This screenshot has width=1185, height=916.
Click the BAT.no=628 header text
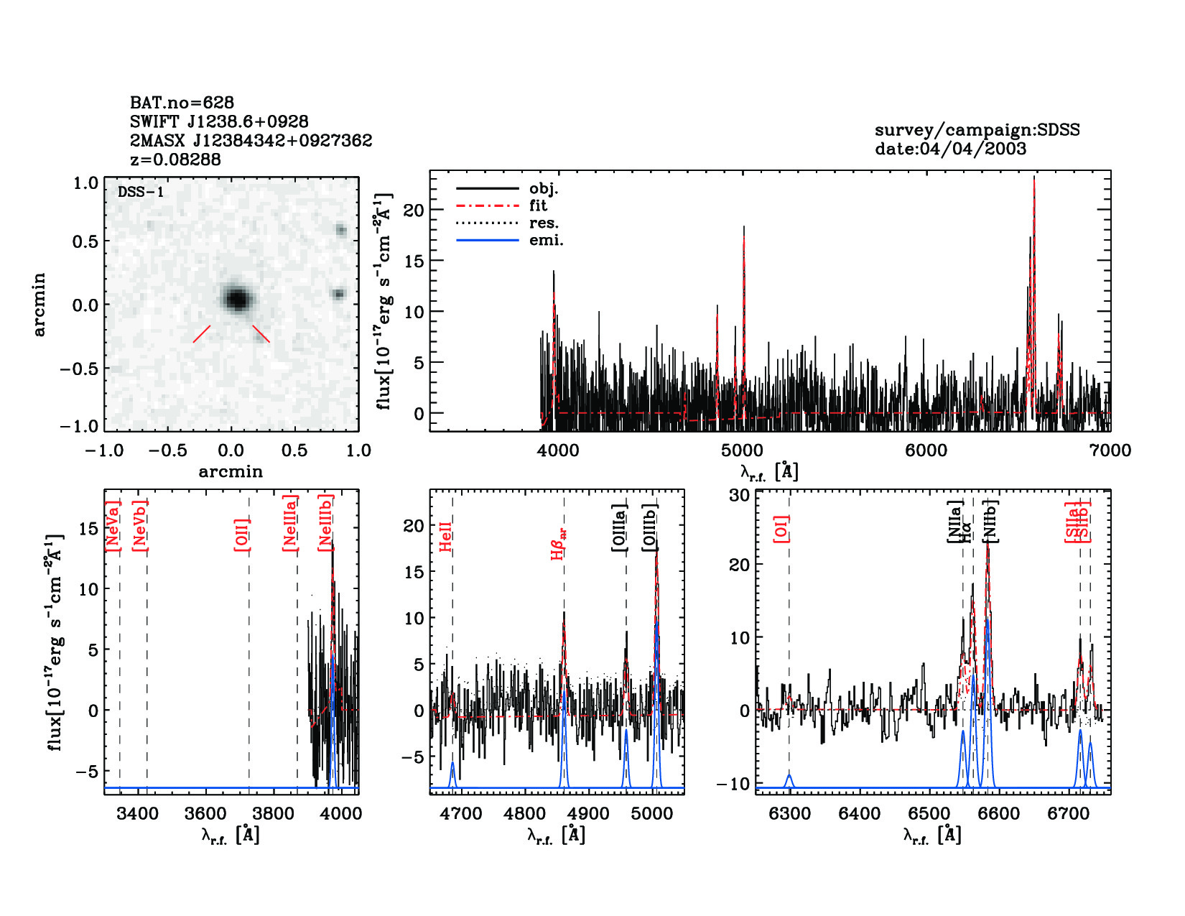click(182, 103)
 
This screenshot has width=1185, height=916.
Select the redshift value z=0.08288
click(175, 159)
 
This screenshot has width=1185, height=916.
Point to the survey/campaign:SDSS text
click(977, 130)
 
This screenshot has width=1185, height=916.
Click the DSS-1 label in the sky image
click(141, 193)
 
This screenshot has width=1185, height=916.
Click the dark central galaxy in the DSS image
click(236, 298)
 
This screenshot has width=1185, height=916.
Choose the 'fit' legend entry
click(538, 206)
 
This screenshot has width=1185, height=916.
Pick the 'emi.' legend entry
click(546, 241)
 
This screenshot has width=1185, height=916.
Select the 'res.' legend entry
click(544, 223)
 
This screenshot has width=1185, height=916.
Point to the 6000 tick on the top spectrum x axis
click(926, 450)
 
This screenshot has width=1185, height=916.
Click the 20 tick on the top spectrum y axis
click(414, 211)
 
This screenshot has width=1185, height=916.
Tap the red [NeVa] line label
click(112, 526)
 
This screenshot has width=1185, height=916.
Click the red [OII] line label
click(241, 534)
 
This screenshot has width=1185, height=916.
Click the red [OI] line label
click(781, 528)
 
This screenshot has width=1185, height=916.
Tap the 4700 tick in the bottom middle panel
click(460, 814)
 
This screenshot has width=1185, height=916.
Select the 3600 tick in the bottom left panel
click(206, 814)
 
